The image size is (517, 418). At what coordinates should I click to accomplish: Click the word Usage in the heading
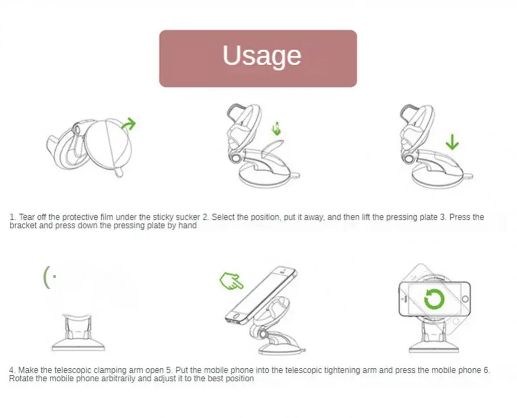coord(262,56)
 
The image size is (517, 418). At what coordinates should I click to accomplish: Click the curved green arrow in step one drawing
coord(129,124)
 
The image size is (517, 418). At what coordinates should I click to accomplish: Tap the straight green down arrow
coord(452,142)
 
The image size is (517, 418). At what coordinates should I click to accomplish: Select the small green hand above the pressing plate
coord(277,129)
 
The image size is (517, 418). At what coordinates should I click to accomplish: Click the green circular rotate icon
coord(434,299)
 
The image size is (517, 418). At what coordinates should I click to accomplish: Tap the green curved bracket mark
coord(47,277)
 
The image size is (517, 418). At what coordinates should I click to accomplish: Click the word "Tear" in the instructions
coord(27,217)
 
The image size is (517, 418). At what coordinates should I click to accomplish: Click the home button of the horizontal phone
coord(465,299)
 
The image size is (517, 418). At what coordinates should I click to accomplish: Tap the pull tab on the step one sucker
coord(118,172)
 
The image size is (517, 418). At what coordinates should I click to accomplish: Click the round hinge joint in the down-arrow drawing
coord(409,159)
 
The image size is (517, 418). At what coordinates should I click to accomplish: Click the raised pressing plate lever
coord(272,147)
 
